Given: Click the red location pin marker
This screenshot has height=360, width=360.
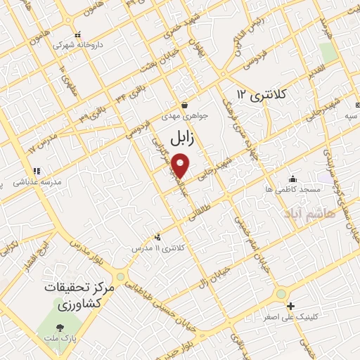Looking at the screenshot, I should (x=181, y=166).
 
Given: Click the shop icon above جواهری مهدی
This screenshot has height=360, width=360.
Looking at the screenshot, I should (x=184, y=103).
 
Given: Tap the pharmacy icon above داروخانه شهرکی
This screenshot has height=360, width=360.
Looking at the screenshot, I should (x=77, y=33).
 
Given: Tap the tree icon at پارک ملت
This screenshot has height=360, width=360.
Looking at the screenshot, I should (x=60, y=327).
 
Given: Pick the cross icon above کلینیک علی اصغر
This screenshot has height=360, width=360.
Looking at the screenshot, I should (x=291, y=306).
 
